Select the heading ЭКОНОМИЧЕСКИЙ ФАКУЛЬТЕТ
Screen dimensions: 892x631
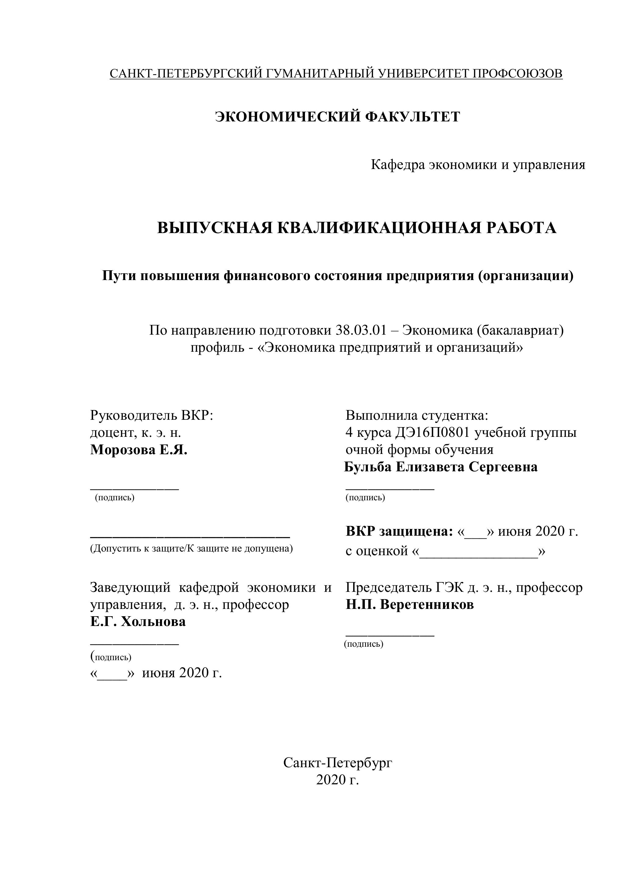click(x=337, y=117)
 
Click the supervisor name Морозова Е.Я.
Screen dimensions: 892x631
click(x=139, y=450)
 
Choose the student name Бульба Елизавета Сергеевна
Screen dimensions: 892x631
click(x=441, y=467)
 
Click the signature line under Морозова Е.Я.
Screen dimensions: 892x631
click(x=135, y=489)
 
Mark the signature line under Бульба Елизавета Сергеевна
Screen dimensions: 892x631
click(x=390, y=489)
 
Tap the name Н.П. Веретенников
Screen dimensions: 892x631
click(x=410, y=605)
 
